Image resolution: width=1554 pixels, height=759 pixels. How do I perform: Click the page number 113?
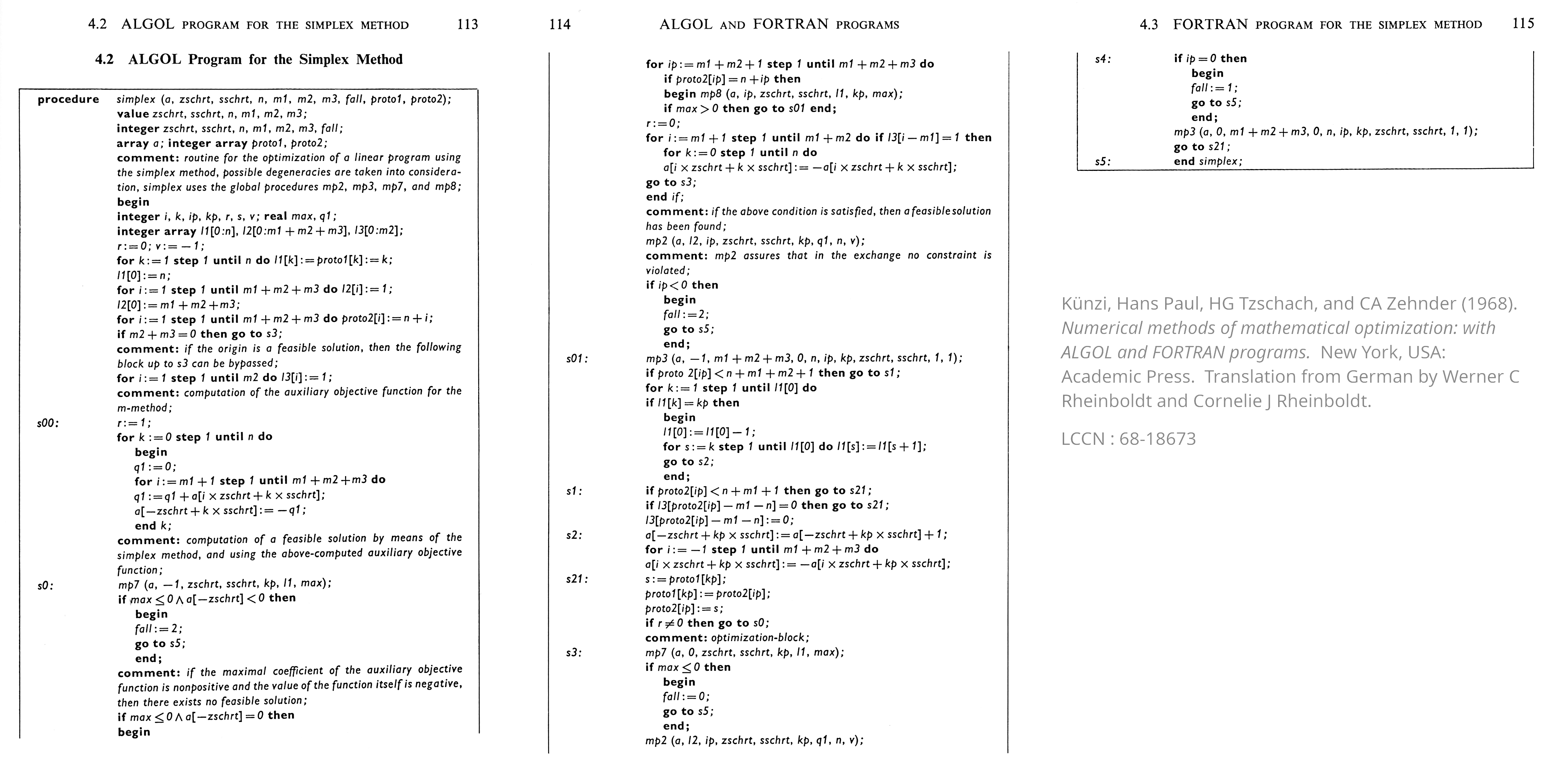point(468,25)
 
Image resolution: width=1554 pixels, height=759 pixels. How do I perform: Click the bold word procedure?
point(68,100)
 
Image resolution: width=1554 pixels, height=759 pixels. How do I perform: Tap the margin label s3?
point(574,653)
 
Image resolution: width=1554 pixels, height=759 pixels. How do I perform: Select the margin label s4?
point(1103,59)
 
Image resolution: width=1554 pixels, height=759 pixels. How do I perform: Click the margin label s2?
point(574,535)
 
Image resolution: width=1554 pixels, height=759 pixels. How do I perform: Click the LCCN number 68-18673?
point(1157,439)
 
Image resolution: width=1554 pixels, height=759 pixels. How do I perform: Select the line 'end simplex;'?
point(1208,162)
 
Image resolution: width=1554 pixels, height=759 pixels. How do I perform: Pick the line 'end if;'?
point(665,197)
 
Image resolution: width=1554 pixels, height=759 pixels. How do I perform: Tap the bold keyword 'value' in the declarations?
point(133,114)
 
